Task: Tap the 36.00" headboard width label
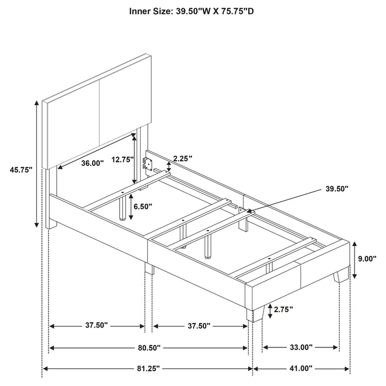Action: pyautogui.click(x=93, y=163)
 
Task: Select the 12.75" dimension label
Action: pyautogui.click(x=122, y=159)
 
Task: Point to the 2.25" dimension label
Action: pyautogui.click(x=183, y=158)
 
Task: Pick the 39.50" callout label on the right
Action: pyautogui.click(x=337, y=189)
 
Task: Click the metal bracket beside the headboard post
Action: pyautogui.click(x=147, y=162)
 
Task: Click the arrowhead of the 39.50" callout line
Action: pyautogui.click(x=250, y=211)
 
